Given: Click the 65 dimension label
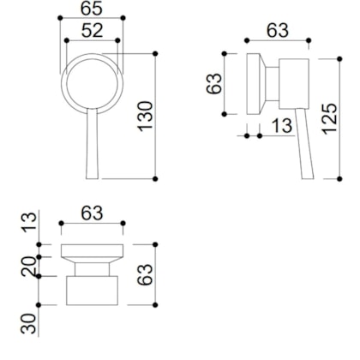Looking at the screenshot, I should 92,9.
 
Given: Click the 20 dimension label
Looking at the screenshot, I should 27,267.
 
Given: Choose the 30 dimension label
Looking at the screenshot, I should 27,324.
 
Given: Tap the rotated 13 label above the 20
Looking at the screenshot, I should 27,225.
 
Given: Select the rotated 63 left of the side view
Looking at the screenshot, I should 214,85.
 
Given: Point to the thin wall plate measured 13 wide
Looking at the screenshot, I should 252,85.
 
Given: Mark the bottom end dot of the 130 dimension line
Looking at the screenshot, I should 155,178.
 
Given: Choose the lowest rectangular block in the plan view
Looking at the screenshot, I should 92,291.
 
